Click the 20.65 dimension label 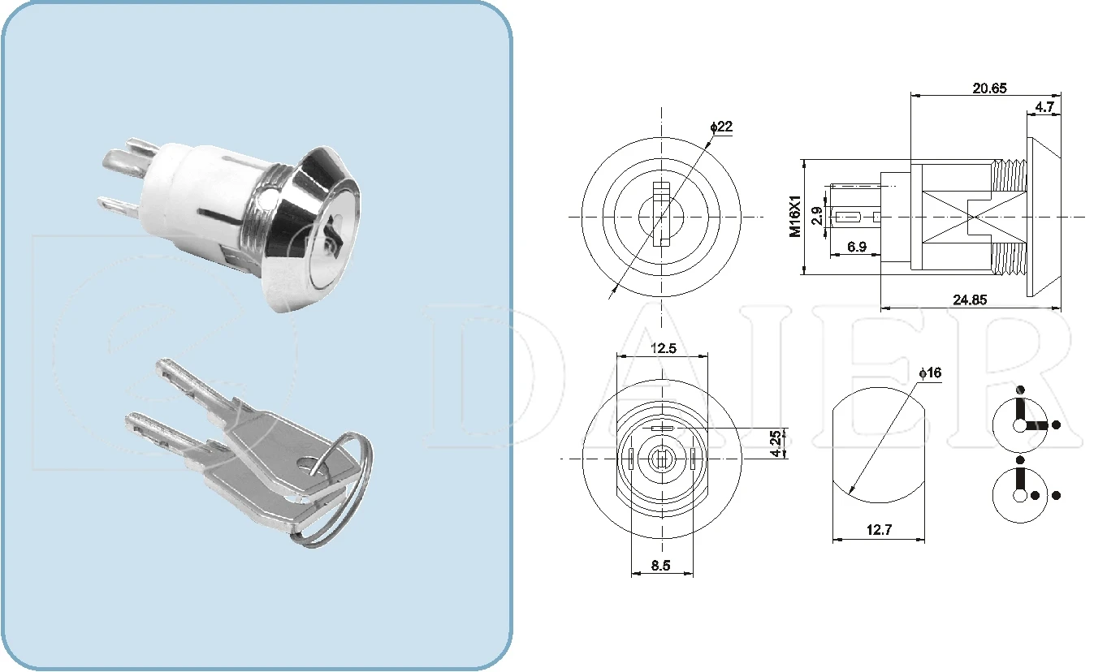pos(989,88)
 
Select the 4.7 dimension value pos(1045,107)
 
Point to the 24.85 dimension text pos(971,299)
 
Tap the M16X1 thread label pos(795,216)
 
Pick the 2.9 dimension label pos(817,216)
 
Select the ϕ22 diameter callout pos(720,127)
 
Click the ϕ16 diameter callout pos(929,373)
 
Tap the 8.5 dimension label pos(661,566)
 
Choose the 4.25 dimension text pos(776,443)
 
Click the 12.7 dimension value pos(879,530)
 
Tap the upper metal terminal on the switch pos(128,157)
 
